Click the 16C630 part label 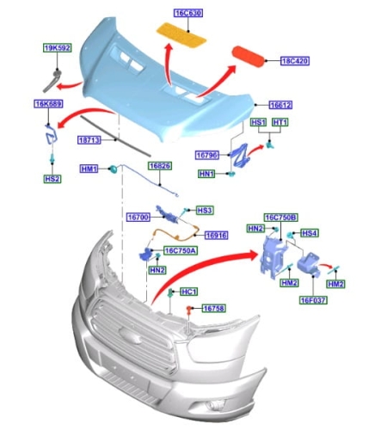click(188, 13)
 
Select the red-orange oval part click(248, 57)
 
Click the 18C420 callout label click(295, 61)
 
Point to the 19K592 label click(58, 48)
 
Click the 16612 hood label click(280, 105)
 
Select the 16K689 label click(48, 103)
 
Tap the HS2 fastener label click(52, 179)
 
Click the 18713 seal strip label click(89, 140)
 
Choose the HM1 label click(89, 169)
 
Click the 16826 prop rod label click(160, 166)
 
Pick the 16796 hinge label click(207, 156)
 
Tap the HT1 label click(280, 122)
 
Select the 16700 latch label click(138, 218)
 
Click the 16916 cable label click(217, 236)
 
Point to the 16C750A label click(181, 251)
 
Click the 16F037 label click(313, 300)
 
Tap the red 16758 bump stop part click(189, 309)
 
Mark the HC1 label click(189, 292)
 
